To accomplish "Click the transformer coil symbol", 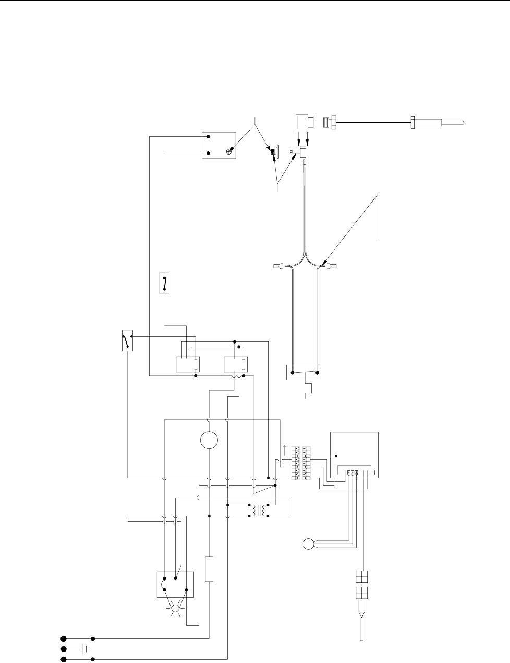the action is coord(258,511).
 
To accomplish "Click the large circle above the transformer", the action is coord(209,440).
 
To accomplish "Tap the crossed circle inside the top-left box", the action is coord(229,151).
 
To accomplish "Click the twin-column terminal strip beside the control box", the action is coord(302,464).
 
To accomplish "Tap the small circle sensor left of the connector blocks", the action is coord(308,544).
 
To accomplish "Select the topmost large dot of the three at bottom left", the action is coord(64,638).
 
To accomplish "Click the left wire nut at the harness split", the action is coord(279,267).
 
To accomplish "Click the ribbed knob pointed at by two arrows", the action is coord(273,152).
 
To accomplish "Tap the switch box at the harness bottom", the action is coord(304,373).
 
